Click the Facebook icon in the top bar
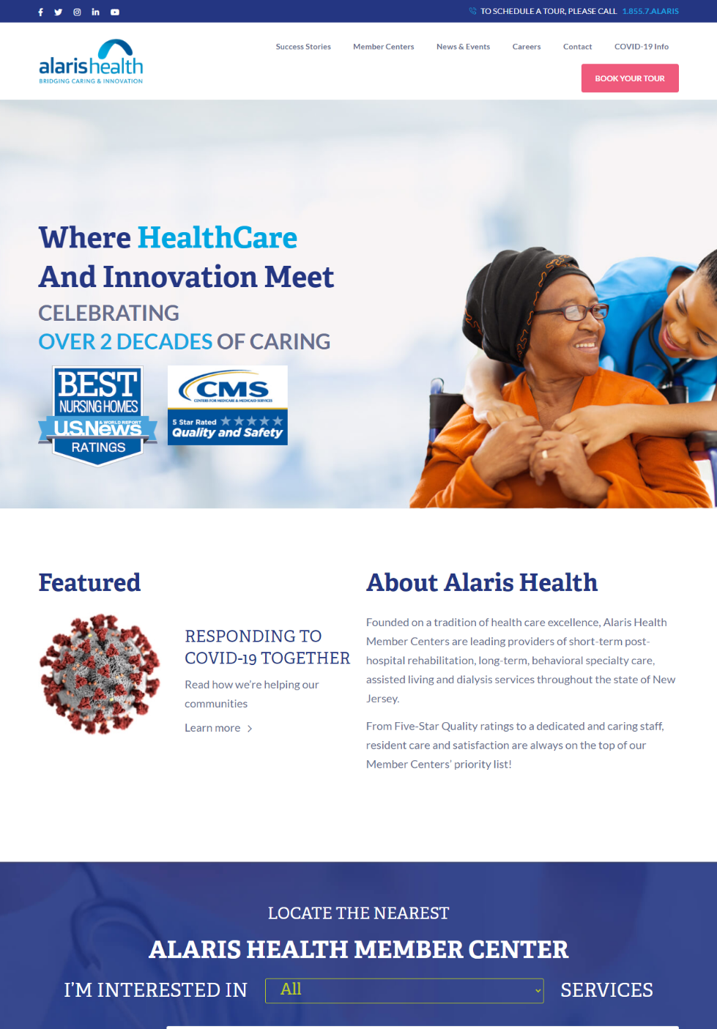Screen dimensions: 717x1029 point(40,12)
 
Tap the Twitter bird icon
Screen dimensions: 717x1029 point(59,12)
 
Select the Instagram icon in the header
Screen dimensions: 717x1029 point(77,12)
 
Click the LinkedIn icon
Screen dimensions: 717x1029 point(95,12)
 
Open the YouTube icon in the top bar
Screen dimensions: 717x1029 point(115,12)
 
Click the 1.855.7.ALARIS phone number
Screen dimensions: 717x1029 point(650,11)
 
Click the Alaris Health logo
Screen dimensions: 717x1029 point(91,61)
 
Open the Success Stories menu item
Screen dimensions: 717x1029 point(303,46)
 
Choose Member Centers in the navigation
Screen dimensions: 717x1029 point(384,46)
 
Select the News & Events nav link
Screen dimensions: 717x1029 point(463,46)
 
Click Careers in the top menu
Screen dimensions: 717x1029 point(527,46)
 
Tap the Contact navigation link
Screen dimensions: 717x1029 point(577,46)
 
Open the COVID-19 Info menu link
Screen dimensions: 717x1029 point(642,46)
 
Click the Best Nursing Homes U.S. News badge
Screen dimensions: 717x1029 point(98,416)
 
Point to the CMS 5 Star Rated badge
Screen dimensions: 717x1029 point(227,405)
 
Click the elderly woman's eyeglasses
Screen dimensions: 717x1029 point(572,313)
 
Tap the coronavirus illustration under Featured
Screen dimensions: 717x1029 point(100,674)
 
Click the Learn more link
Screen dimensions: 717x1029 point(218,728)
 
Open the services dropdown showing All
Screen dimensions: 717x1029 point(404,990)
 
